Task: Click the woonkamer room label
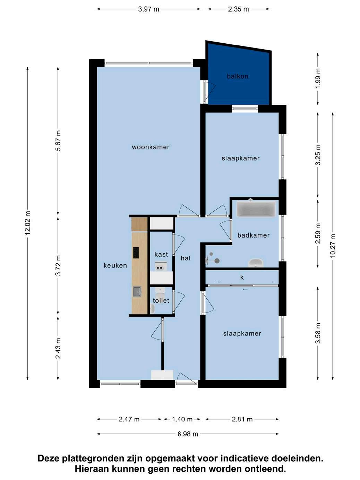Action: tap(151, 147)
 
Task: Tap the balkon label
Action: tap(238, 76)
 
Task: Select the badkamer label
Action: tap(254, 235)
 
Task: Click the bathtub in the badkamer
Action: tap(256, 209)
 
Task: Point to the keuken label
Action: tap(115, 265)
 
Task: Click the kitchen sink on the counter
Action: tap(137, 291)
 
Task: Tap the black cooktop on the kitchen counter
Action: tap(136, 253)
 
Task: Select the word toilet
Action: tap(161, 300)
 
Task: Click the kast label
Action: tap(161, 254)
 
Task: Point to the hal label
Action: tap(186, 258)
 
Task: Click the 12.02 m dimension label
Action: tap(28, 223)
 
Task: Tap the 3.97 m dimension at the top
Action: tap(149, 9)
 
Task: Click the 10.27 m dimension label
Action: tap(333, 246)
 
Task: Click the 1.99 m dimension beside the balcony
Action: tap(318, 78)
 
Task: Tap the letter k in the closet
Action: tap(242, 277)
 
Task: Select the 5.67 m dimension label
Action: tap(58, 140)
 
